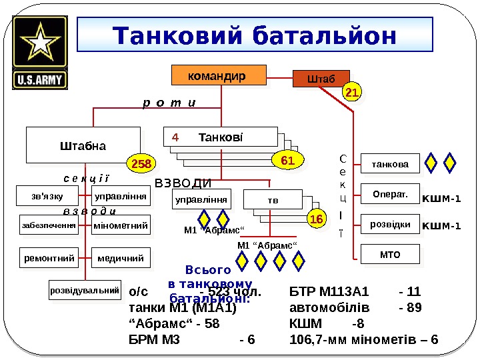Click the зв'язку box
47,197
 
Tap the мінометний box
121,226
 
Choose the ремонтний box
49,256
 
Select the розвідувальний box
85,291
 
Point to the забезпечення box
47,226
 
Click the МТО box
390,254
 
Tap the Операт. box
390,193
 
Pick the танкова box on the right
390,162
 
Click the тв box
272,199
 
